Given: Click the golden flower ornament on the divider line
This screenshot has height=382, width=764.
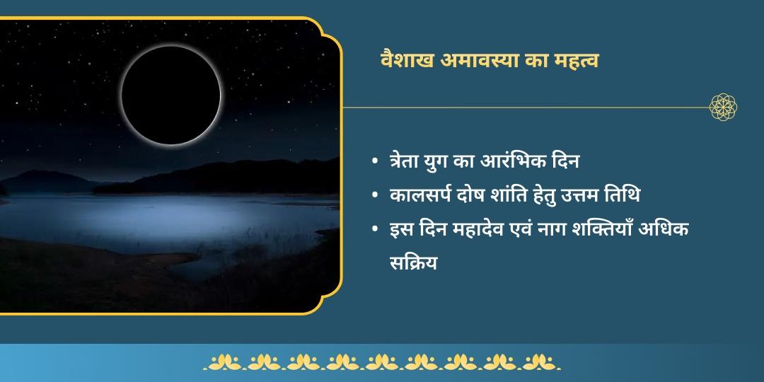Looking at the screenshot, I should pyautogui.click(x=723, y=108).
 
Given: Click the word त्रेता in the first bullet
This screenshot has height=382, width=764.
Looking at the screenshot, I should pyautogui.click(x=408, y=161).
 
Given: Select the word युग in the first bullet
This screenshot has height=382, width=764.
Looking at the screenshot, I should pyautogui.click(x=448, y=161).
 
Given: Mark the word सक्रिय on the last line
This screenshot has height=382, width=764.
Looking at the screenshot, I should pyautogui.click(x=414, y=263).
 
